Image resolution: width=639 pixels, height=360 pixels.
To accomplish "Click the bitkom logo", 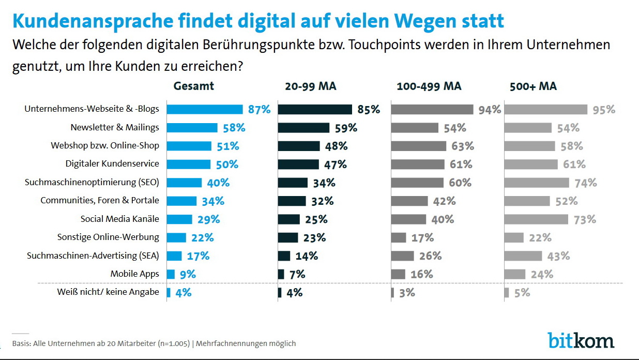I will pos(581,340).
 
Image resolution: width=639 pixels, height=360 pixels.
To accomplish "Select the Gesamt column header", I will pos(193,86).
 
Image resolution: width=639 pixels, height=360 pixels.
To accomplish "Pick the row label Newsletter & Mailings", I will pos(115,127).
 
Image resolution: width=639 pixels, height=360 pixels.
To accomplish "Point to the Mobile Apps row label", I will pos(134,274).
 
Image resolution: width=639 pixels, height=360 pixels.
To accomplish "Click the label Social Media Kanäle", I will pos(120,219).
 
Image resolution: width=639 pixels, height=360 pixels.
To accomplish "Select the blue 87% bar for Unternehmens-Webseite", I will pos(205,109).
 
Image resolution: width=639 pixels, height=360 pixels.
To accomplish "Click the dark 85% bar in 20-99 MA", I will pos(315,109).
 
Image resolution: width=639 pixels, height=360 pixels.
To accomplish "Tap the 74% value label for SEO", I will pos(585,183).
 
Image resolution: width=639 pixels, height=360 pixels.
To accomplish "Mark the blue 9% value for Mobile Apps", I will pos(187,275).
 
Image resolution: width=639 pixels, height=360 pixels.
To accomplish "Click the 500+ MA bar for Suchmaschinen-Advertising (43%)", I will pos(523,256).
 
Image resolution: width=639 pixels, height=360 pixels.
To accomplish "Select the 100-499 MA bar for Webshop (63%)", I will pos(418,146).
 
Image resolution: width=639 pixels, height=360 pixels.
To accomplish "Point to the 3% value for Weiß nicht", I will pos(406,293).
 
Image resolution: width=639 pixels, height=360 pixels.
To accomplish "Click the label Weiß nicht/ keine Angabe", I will pos(108,292).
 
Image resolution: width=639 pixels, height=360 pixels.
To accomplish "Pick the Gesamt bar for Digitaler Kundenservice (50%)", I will pos(189,164).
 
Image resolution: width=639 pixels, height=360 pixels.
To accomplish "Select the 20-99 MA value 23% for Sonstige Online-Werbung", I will pos(314,238).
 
